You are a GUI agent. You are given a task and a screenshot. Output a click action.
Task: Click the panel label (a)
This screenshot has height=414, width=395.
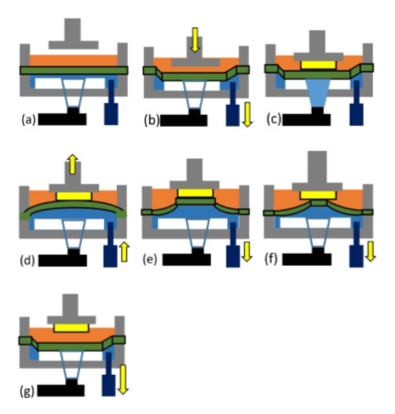tap(29, 119)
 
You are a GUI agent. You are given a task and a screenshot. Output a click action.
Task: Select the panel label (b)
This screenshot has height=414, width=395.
tap(151, 120)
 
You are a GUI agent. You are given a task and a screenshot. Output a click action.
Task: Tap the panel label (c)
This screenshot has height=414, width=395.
tap(274, 119)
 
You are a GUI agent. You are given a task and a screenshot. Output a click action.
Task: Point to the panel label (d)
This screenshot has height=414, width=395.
tap(28, 260)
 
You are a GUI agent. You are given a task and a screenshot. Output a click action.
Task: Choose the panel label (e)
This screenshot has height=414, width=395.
tap(150, 259)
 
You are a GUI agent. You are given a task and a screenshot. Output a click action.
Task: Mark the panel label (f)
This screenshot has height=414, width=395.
tap(271, 259)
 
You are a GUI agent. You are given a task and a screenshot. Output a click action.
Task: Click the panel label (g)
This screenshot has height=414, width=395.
tap(27, 391)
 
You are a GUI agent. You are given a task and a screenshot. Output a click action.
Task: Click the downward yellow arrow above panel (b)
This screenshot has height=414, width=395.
tap(195, 40)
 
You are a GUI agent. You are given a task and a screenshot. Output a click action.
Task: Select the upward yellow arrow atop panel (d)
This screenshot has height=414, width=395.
tap(73, 164)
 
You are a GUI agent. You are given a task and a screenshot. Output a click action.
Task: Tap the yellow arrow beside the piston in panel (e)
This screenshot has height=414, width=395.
tap(247, 251)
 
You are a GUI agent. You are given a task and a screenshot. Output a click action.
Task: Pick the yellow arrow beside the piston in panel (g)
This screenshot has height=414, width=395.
tap(123, 379)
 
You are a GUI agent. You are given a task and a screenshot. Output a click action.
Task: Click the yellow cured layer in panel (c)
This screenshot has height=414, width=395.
tap(318, 65)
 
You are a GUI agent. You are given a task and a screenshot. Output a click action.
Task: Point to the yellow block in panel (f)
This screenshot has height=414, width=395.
tap(318, 195)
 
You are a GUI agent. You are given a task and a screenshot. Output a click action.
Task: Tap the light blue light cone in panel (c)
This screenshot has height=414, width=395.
tap(318, 93)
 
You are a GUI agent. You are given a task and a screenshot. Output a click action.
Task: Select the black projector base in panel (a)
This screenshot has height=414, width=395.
tap(63, 118)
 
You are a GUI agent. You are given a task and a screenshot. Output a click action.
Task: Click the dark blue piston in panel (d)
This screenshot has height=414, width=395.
tap(110, 245)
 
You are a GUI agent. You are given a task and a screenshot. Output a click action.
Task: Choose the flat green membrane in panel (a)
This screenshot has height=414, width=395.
tap(74, 70)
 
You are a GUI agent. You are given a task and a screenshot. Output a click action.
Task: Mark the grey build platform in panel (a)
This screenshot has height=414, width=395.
tap(74, 34)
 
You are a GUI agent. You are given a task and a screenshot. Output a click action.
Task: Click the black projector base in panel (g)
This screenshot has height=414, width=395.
tap(61, 389)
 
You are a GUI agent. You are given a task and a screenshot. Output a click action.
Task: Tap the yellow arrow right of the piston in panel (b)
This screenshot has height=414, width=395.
tap(248, 114)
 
